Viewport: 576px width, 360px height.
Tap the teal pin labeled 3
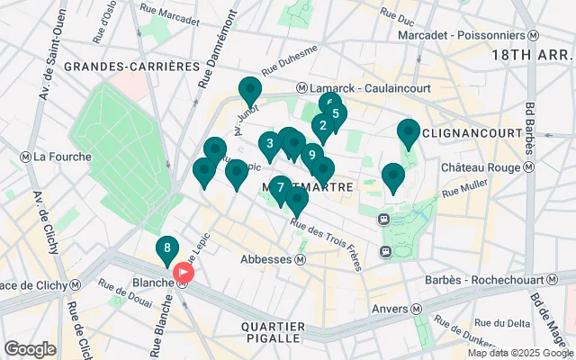[x=270, y=143]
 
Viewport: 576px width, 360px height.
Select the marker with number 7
[x=281, y=188]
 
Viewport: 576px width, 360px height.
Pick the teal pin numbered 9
[x=311, y=155]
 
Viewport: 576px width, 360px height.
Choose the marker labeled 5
[x=335, y=114]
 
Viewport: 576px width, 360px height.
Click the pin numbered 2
[x=322, y=126]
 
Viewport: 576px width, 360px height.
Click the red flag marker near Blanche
[x=184, y=272]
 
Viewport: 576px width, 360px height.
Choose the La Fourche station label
[x=61, y=157]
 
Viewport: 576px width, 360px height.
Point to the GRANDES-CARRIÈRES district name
[x=131, y=67]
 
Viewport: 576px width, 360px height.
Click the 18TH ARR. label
[x=531, y=55]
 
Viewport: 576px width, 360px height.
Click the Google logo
[x=30, y=348]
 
